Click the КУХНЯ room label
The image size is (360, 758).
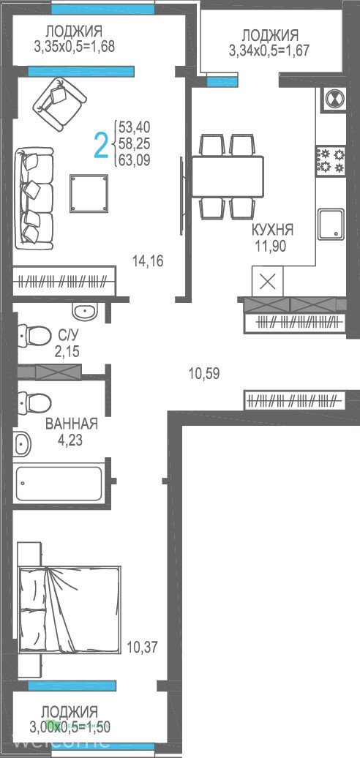click(x=272, y=230)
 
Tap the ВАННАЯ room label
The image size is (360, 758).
click(x=71, y=424)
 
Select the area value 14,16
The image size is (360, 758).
click(x=148, y=261)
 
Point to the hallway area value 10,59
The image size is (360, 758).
click(x=204, y=373)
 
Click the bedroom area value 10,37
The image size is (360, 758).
click(x=142, y=647)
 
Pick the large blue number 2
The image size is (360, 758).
click(x=100, y=146)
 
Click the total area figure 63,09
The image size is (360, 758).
click(x=135, y=159)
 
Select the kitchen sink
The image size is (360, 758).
click(x=331, y=224)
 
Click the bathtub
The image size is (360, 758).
click(x=59, y=484)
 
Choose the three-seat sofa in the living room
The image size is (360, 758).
click(x=34, y=198)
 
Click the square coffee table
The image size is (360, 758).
click(x=89, y=193)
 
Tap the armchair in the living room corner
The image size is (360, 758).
click(x=62, y=104)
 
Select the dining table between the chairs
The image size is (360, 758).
click(x=228, y=176)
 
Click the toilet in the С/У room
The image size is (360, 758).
click(x=34, y=334)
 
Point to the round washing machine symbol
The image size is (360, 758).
click(x=334, y=99)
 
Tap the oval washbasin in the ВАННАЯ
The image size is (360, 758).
click(x=22, y=443)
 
